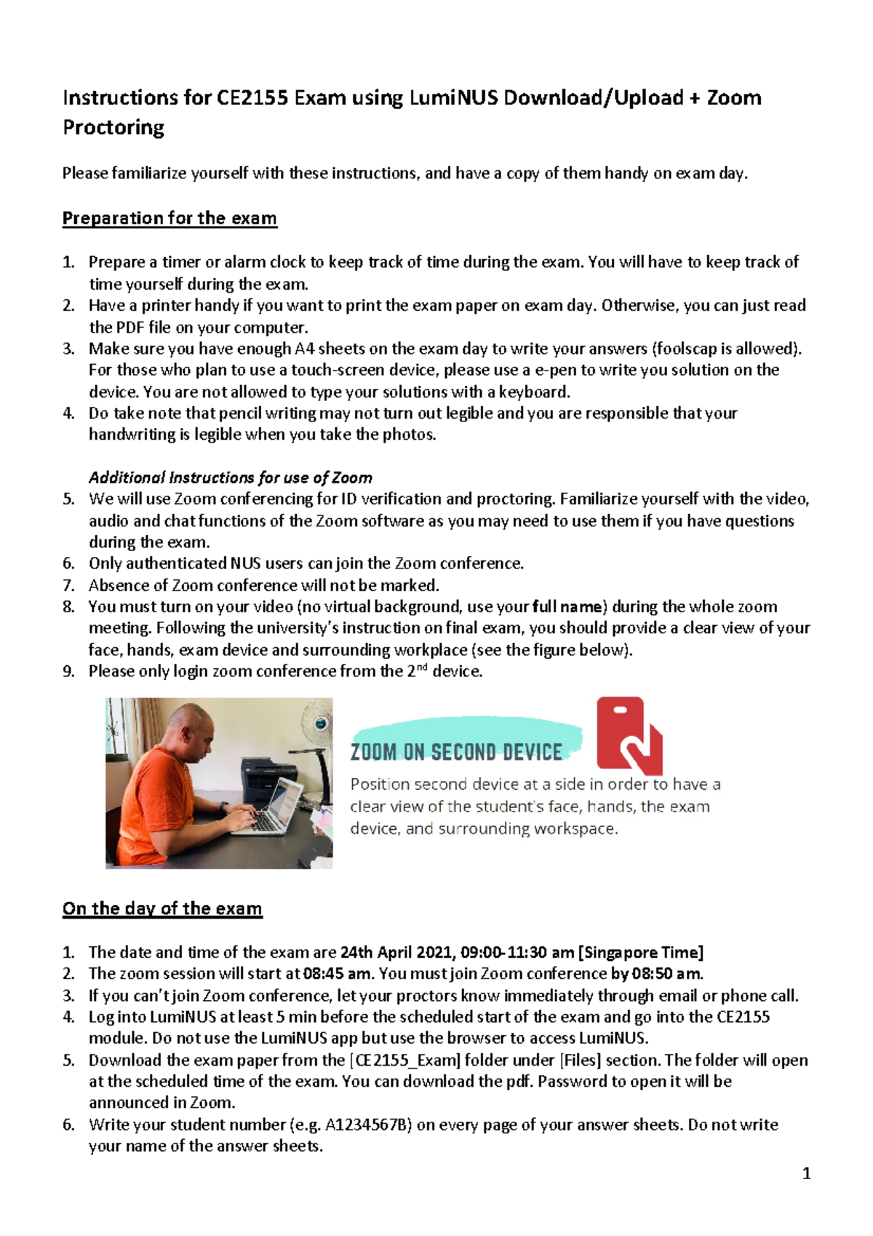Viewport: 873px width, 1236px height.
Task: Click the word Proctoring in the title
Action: pos(113,127)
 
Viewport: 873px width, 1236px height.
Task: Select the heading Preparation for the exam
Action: pos(170,218)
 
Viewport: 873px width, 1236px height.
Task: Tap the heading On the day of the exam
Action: pos(162,908)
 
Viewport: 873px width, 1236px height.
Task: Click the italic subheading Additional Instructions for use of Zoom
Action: pos(230,478)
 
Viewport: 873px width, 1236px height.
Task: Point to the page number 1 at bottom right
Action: pos(805,1173)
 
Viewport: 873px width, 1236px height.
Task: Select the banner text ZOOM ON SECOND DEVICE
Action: pos(456,752)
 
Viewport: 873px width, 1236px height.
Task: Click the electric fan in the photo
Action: pos(317,721)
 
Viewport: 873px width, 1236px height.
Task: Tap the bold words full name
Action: pos(567,606)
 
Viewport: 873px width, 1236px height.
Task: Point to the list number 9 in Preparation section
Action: pos(68,671)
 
